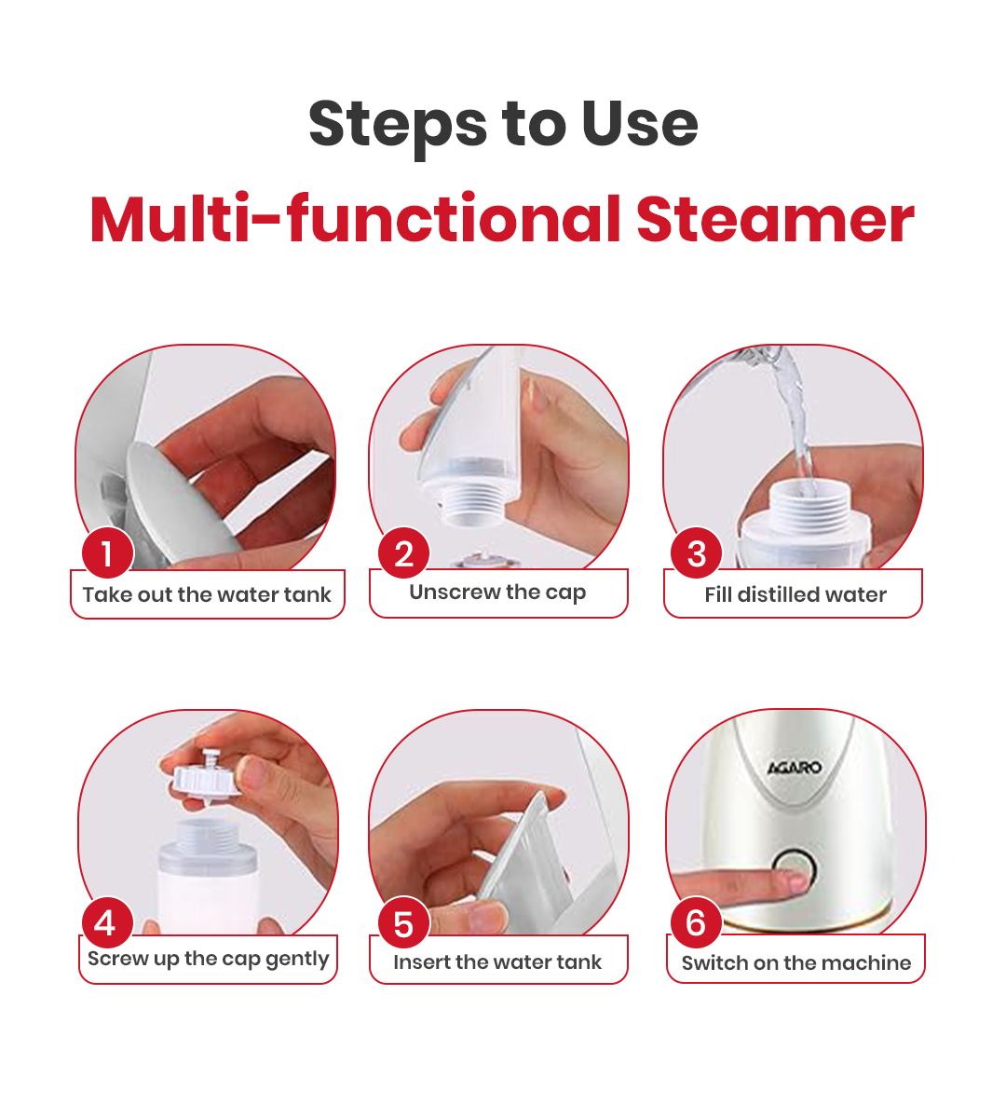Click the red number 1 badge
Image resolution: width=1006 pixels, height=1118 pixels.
[107, 553]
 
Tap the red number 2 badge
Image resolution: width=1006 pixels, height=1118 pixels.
[403, 553]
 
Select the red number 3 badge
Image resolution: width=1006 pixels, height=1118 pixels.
[697, 553]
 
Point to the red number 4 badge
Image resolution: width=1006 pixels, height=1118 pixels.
[107, 922]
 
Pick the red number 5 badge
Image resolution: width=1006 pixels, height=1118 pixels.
[403, 923]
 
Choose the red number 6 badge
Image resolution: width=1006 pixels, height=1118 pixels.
[696, 922]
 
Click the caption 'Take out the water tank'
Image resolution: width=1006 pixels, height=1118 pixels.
[207, 595]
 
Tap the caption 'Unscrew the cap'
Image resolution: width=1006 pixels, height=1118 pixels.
[497, 593]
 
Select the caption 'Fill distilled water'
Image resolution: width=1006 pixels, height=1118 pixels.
[795, 595]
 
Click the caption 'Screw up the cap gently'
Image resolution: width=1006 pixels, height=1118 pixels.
[208, 960]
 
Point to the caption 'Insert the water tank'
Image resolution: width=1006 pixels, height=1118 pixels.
[497, 962]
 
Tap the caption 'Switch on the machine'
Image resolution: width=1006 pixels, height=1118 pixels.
[795, 963]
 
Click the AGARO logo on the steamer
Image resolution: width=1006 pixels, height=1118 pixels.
[795, 768]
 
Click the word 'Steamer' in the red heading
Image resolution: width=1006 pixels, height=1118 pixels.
[775, 220]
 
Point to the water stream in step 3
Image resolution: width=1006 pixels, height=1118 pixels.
[796, 419]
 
